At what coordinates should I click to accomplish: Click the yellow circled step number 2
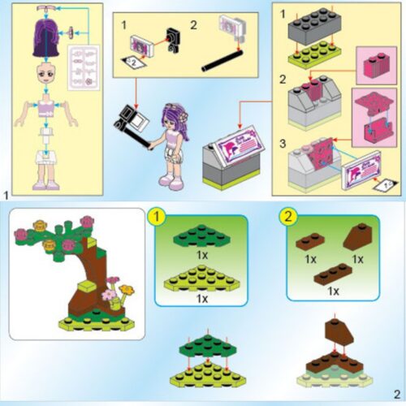(288, 218)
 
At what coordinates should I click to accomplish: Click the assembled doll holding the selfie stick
(174, 142)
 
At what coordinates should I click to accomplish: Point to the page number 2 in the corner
(396, 395)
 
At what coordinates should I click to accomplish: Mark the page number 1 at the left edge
(6, 195)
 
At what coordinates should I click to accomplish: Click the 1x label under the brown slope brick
(358, 259)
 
